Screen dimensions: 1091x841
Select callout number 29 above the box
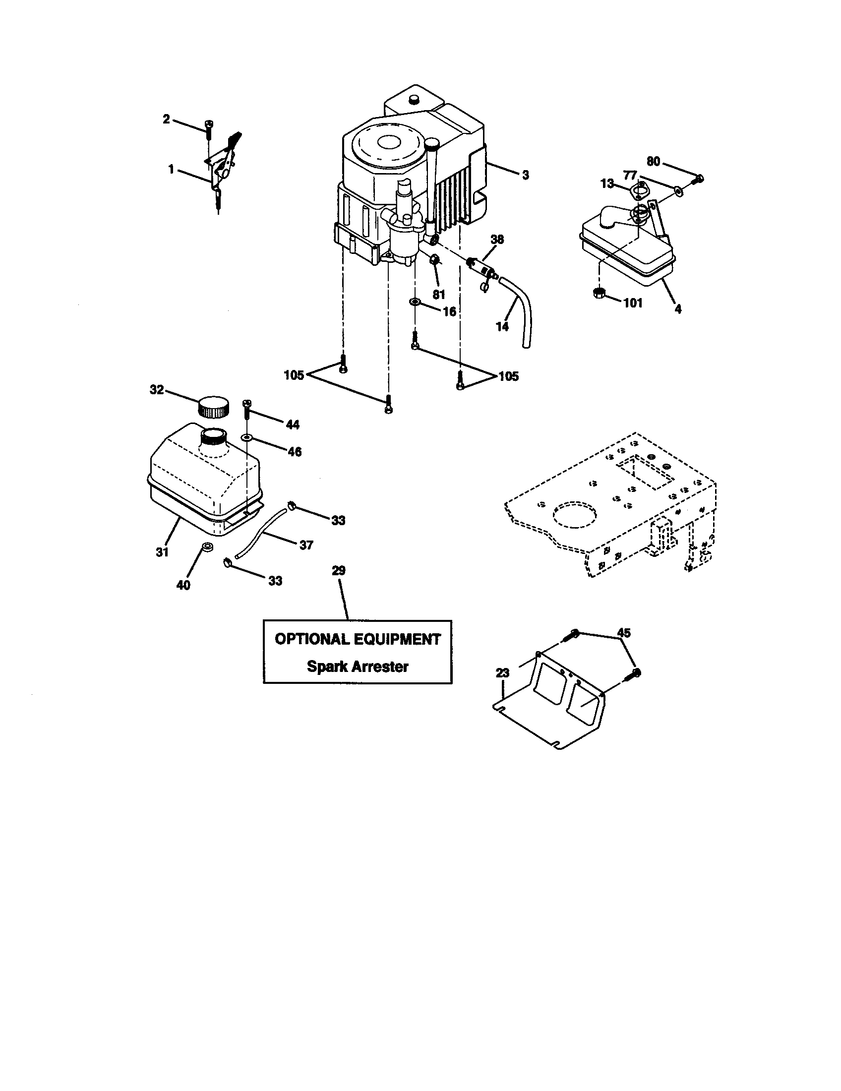(x=339, y=570)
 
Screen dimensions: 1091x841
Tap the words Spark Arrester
(x=358, y=667)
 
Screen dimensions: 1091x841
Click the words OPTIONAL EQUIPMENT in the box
(x=358, y=639)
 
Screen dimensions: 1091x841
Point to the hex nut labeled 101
(x=600, y=293)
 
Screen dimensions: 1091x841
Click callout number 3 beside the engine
(x=525, y=175)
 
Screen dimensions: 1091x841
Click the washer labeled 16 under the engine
(x=415, y=302)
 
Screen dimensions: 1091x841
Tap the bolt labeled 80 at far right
(x=699, y=178)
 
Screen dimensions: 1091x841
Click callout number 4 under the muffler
(x=678, y=309)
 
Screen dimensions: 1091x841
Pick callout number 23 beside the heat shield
(x=502, y=673)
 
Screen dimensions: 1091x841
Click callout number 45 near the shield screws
(x=624, y=632)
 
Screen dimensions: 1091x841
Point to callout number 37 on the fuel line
(x=306, y=545)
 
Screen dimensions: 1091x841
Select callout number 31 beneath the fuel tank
(x=162, y=552)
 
